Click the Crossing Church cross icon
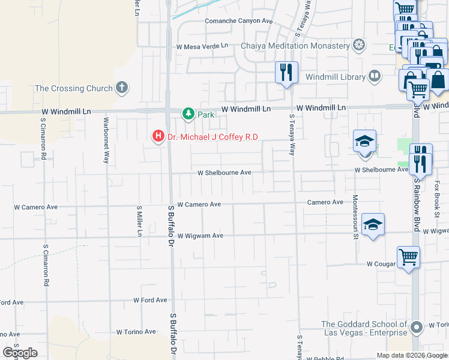[122, 88]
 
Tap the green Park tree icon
[188, 114]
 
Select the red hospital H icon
[158, 137]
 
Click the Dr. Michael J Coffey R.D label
[212, 137]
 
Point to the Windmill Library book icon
[374, 76]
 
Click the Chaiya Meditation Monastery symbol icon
[359, 45]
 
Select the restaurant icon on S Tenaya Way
[287, 72]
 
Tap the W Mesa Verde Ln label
[202, 46]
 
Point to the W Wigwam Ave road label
[200, 236]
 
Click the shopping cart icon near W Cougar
[408, 257]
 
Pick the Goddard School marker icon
[415, 329]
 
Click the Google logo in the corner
[20, 353]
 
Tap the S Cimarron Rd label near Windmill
[44, 139]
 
